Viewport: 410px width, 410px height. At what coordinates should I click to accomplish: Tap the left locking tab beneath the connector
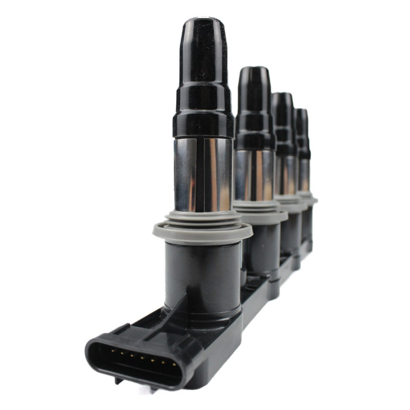point(118,381)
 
